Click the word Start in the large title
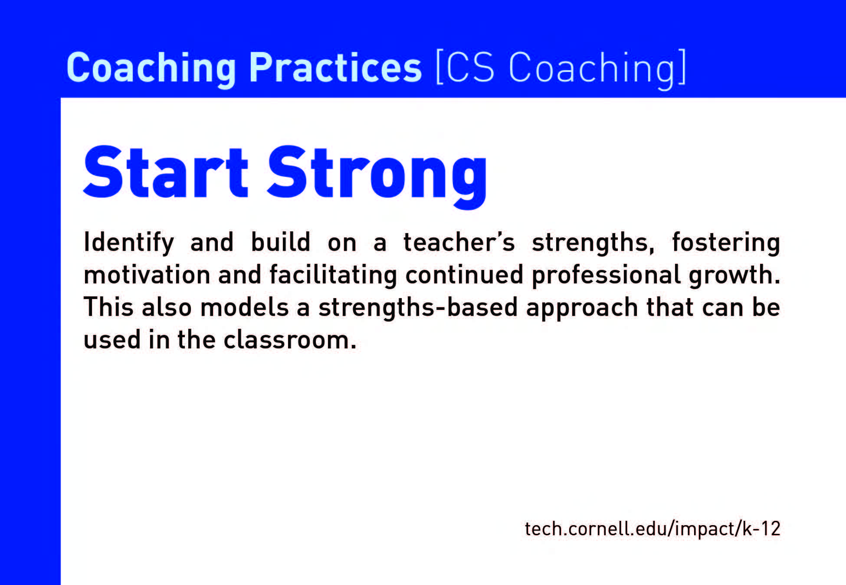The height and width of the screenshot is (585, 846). (166, 172)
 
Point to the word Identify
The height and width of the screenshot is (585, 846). (129, 243)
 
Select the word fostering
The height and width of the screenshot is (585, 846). (726, 243)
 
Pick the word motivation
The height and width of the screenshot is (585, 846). (147, 275)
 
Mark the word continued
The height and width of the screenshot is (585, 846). (464, 275)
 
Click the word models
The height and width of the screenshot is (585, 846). (245, 307)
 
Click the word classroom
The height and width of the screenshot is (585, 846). (290, 340)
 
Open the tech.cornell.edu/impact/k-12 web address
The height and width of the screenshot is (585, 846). (653, 529)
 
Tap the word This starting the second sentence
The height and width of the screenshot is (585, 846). (108, 307)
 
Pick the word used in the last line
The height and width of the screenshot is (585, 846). (112, 340)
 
